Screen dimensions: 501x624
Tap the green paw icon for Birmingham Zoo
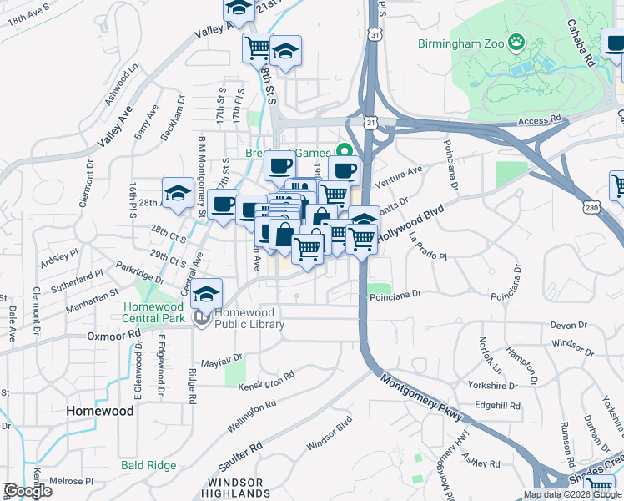pos(517,40)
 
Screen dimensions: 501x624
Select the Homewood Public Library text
pos(249,319)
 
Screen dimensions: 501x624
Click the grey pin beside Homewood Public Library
pos(200,317)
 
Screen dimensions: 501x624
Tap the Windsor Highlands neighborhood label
pos(236,488)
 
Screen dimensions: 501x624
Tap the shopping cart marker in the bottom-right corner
pos(599,487)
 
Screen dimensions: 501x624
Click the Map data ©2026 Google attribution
pos(573,494)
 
